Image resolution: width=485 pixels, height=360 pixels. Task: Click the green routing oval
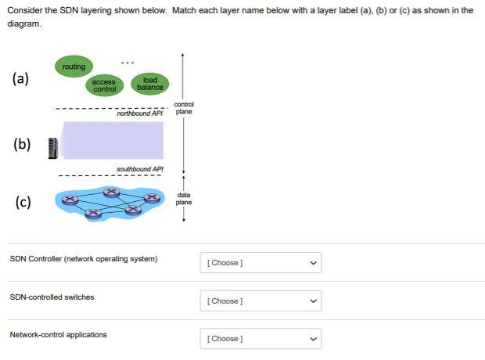(x=74, y=67)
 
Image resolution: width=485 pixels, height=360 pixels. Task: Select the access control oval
(x=103, y=85)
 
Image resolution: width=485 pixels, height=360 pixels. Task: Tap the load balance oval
(x=149, y=84)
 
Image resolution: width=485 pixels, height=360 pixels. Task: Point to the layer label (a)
(x=21, y=78)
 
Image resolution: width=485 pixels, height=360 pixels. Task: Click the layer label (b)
(x=22, y=144)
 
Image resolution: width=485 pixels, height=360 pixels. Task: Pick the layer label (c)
(x=22, y=202)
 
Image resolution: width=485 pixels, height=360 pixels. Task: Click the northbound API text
(x=139, y=114)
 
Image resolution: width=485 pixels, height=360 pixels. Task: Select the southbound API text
(x=139, y=169)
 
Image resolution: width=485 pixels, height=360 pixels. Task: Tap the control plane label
(x=184, y=108)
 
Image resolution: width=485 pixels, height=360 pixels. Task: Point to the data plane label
(x=184, y=199)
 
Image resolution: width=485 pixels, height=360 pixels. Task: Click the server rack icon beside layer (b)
(x=53, y=147)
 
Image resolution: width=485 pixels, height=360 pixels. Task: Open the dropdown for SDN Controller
(x=260, y=263)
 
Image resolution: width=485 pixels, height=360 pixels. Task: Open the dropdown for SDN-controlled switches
(x=260, y=301)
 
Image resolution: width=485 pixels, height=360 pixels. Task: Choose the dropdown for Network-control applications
(x=260, y=339)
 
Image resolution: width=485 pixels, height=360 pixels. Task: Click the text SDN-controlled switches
(x=52, y=297)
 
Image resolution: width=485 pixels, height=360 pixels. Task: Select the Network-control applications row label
(x=58, y=335)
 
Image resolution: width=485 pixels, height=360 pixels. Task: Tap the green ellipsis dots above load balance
(x=128, y=63)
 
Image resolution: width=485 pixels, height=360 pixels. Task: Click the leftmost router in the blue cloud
(x=70, y=200)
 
